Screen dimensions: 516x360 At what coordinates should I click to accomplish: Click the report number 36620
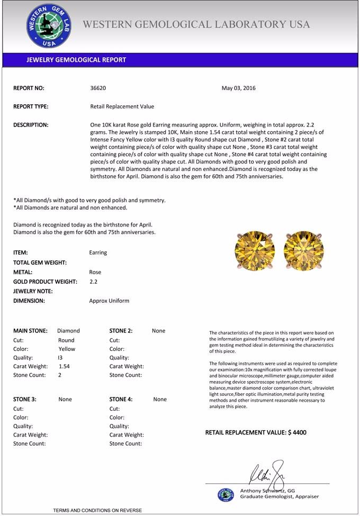98,88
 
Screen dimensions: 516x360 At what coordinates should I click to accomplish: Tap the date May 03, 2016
238,88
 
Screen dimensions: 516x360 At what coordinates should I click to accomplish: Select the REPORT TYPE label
31,106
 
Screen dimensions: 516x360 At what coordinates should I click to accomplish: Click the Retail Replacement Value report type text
122,106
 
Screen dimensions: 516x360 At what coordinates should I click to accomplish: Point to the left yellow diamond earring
255,250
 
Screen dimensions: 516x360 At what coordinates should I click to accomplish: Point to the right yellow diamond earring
303,250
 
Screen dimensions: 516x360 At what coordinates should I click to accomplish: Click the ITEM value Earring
98,252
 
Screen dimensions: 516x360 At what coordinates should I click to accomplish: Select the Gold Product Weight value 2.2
94,282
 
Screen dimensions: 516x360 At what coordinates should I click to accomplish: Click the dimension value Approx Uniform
109,301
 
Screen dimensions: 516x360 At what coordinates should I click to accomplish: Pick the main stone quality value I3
60,357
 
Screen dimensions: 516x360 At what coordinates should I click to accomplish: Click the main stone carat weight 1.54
64,366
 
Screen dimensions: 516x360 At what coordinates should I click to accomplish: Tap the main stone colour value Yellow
67,349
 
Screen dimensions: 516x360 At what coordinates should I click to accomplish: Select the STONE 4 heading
121,399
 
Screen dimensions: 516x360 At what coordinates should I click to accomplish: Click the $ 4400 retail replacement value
297,432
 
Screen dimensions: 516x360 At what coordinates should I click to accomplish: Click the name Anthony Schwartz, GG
267,491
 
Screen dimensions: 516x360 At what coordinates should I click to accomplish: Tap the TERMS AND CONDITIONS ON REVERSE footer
97,510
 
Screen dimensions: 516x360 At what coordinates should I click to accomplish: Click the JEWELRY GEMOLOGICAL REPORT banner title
76,60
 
